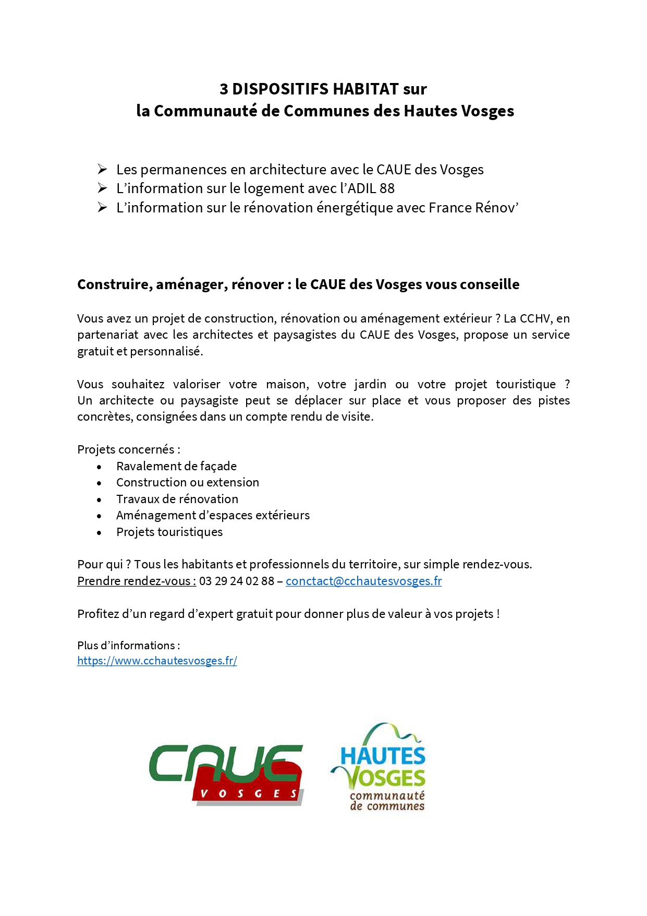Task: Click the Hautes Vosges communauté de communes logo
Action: tap(379, 767)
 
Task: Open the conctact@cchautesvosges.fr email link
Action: tap(363, 581)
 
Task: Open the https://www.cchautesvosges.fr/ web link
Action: tap(157, 661)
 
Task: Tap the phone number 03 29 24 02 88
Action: tap(236, 581)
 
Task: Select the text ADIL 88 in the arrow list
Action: tap(371, 188)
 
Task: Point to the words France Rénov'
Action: tap(473, 208)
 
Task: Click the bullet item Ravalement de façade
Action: tap(176, 466)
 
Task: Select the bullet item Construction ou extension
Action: tap(187, 482)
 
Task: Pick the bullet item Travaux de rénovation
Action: tap(177, 499)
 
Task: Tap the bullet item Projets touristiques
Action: tap(169, 532)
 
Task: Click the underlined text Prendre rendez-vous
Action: tap(136, 581)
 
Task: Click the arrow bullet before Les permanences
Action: tap(102, 169)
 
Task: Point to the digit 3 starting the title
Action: tap(224, 89)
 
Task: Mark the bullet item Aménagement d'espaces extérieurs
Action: tap(212, 515)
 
